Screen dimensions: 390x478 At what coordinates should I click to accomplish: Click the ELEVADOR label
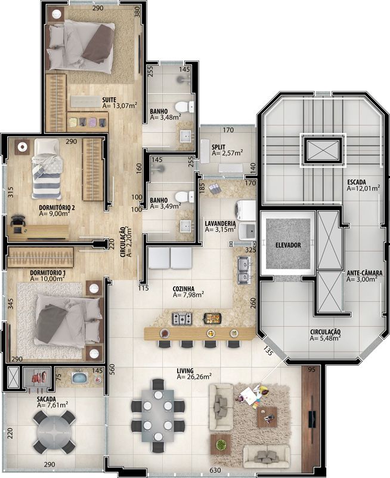click(x=288, y=245)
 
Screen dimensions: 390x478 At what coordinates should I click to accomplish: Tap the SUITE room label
click(x=109, y=100)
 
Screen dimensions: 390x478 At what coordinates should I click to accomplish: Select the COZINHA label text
click(x=184, y=289)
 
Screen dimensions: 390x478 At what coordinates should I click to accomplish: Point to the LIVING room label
click(x=185, y=370)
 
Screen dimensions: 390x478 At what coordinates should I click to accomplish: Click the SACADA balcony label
click(x=47, y=399)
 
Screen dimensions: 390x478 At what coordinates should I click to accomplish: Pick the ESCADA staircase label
click(x=357, y=183)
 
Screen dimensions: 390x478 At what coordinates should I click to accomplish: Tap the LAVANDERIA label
click(x=220, y=223)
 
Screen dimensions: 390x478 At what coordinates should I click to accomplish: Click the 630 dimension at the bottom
click(x=215, y=470)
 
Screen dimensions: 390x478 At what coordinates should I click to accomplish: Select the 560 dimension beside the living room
click(x=112, y=370)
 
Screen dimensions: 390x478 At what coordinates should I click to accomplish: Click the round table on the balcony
click(x=54, y=431)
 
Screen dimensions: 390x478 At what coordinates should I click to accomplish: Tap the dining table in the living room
click(x=158, y=415)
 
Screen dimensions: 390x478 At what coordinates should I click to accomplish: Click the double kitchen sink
click(x=244, y=270)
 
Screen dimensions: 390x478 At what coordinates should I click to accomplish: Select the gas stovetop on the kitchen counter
click(x=182, y=318)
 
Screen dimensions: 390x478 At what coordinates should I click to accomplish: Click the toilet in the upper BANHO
click(x=184, y=107)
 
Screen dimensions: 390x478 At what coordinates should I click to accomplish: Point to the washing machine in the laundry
click(x=245, y=210)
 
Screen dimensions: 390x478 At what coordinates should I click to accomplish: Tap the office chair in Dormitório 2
click(x=18, y=220)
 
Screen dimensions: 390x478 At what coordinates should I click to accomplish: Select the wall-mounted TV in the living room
click(x=312, y=419)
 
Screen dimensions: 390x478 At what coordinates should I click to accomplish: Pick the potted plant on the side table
click(x=219, y=445)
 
